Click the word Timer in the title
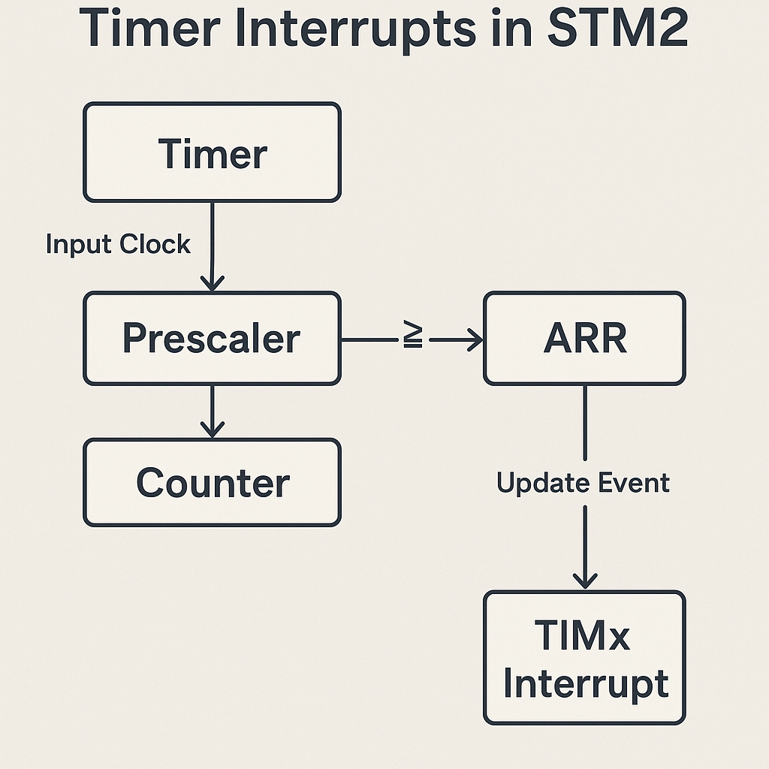click(x=149, y=28)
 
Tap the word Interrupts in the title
click(x=355, y=31)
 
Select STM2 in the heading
click(x=619, y=28)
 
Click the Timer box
click(x=213, y=152)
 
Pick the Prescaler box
click(x=213, y=339)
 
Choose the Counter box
click(x=213, y=483)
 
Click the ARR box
click(x=584, y=339)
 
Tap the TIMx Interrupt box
click(x=584, y=658)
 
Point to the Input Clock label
click(x=118, y=244)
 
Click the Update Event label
click(x=583, y=483)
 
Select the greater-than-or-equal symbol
click(x=413, y=334)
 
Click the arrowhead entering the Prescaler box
click(x=213, y=285)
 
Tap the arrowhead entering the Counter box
click(x=213, y=430)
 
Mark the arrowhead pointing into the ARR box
click(x=475, y=339)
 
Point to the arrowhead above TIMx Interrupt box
click(x=585, y=582)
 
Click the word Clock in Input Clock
click(x=155, y=244)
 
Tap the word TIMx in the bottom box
click(x=583, y=635)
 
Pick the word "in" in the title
click(x=512, y=29)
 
